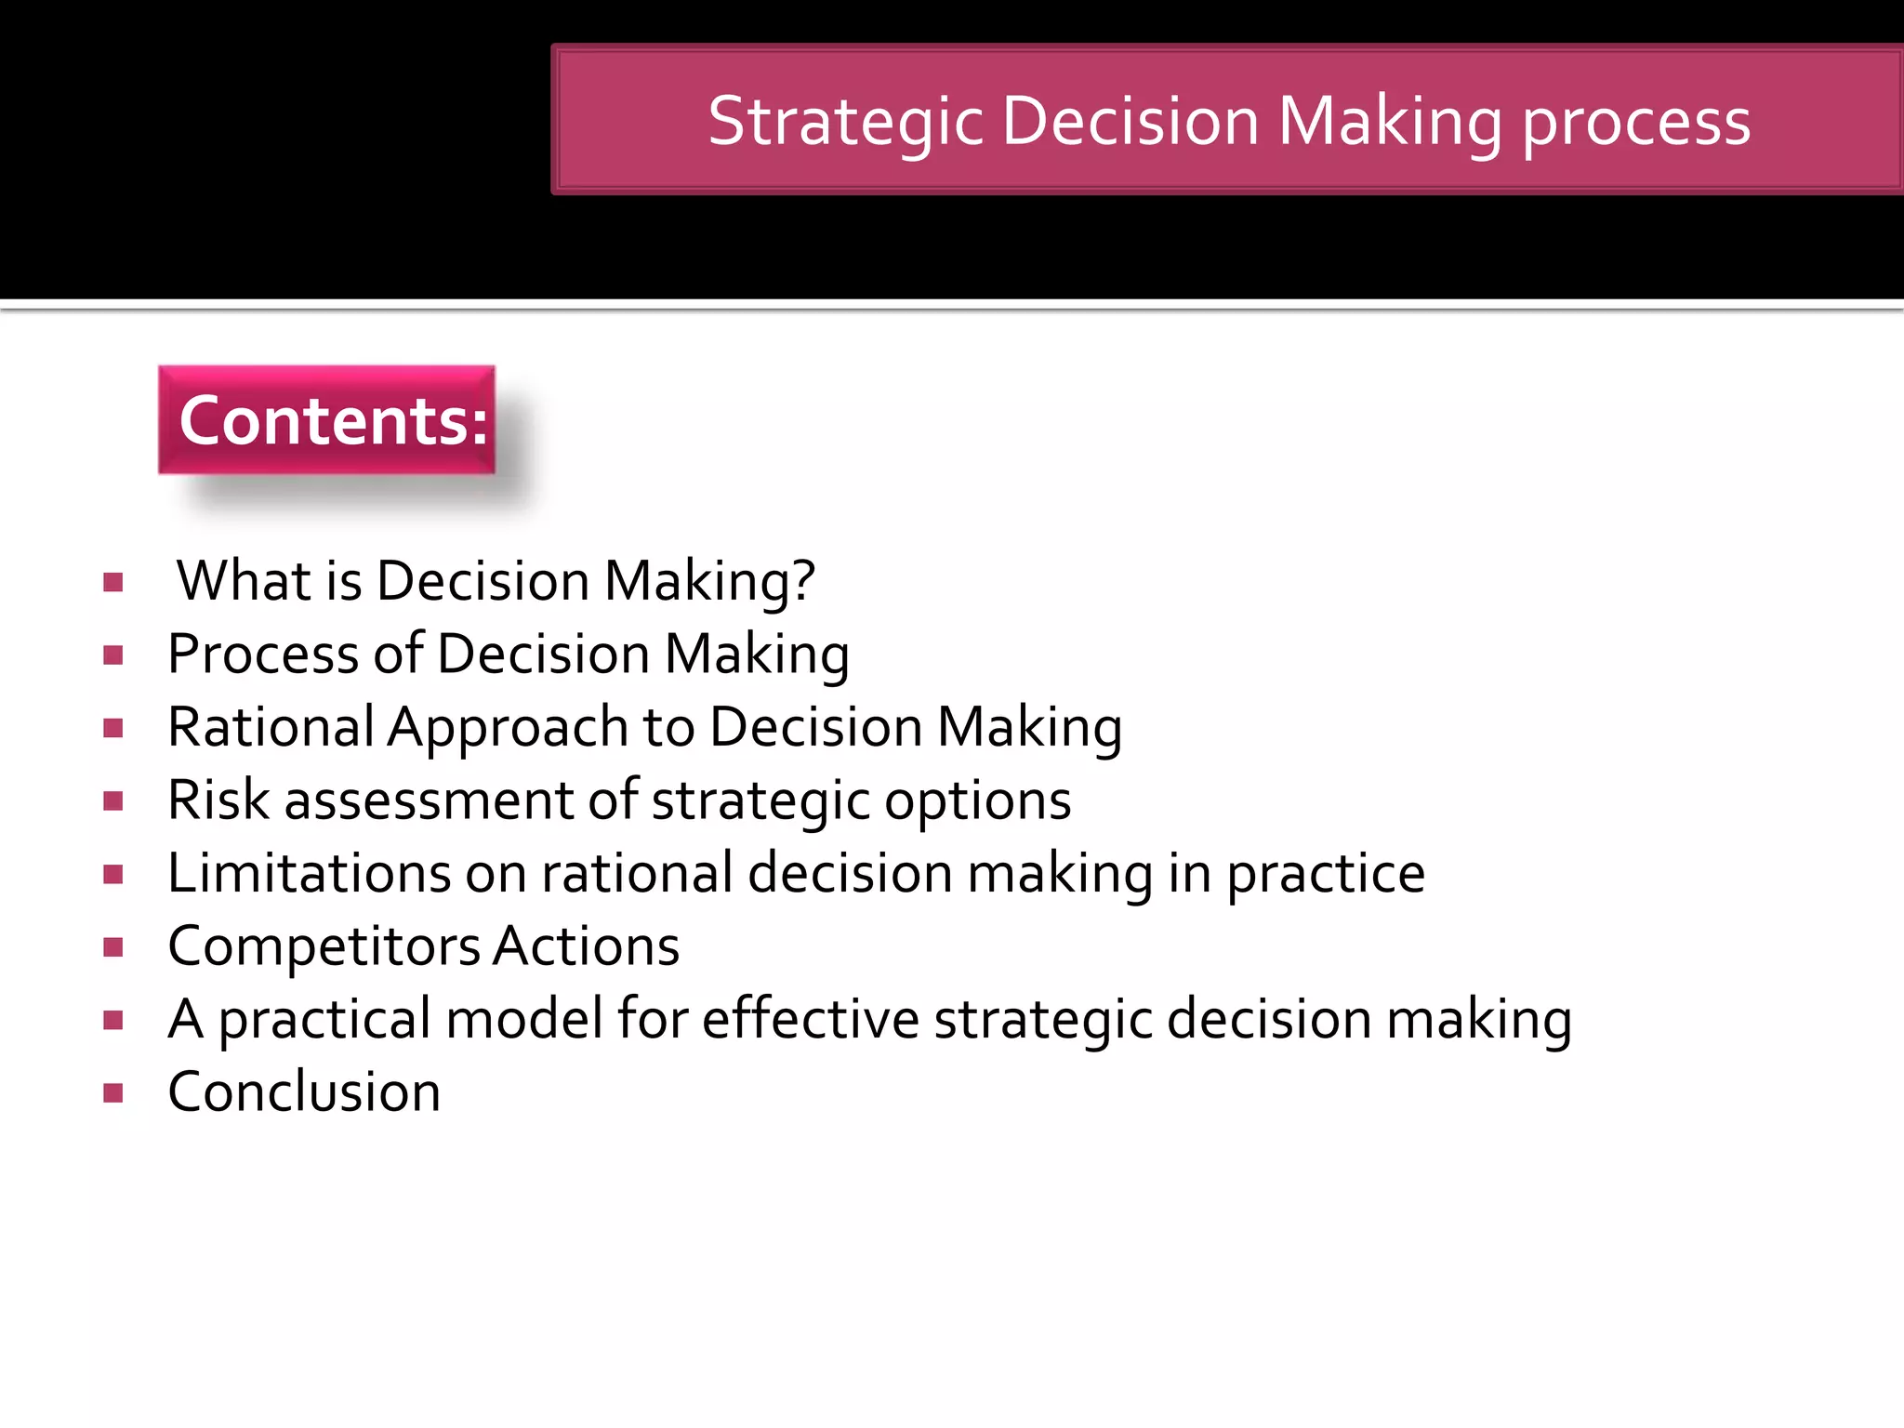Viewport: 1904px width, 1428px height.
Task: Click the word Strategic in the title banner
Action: point(845,122)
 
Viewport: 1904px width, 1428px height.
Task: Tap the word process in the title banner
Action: point(1635,122)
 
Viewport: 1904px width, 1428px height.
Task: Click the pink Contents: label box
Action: point(327,420)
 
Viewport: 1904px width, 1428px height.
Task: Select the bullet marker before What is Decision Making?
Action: point(113,583)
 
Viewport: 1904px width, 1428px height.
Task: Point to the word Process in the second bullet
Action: point(262,654)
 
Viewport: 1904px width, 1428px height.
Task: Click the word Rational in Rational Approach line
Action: point(271,726)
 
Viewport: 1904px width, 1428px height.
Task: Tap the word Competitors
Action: point(324,946)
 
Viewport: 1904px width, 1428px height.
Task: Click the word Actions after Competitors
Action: point(587,946)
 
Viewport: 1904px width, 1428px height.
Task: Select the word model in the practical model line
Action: point(524,1019)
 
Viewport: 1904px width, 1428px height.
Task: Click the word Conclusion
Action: point(304,1091)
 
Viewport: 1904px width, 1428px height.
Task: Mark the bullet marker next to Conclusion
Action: point(113,1092)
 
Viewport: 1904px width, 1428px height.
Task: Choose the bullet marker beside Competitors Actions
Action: point(113,947)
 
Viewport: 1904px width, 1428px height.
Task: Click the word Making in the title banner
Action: point(1390,122)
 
